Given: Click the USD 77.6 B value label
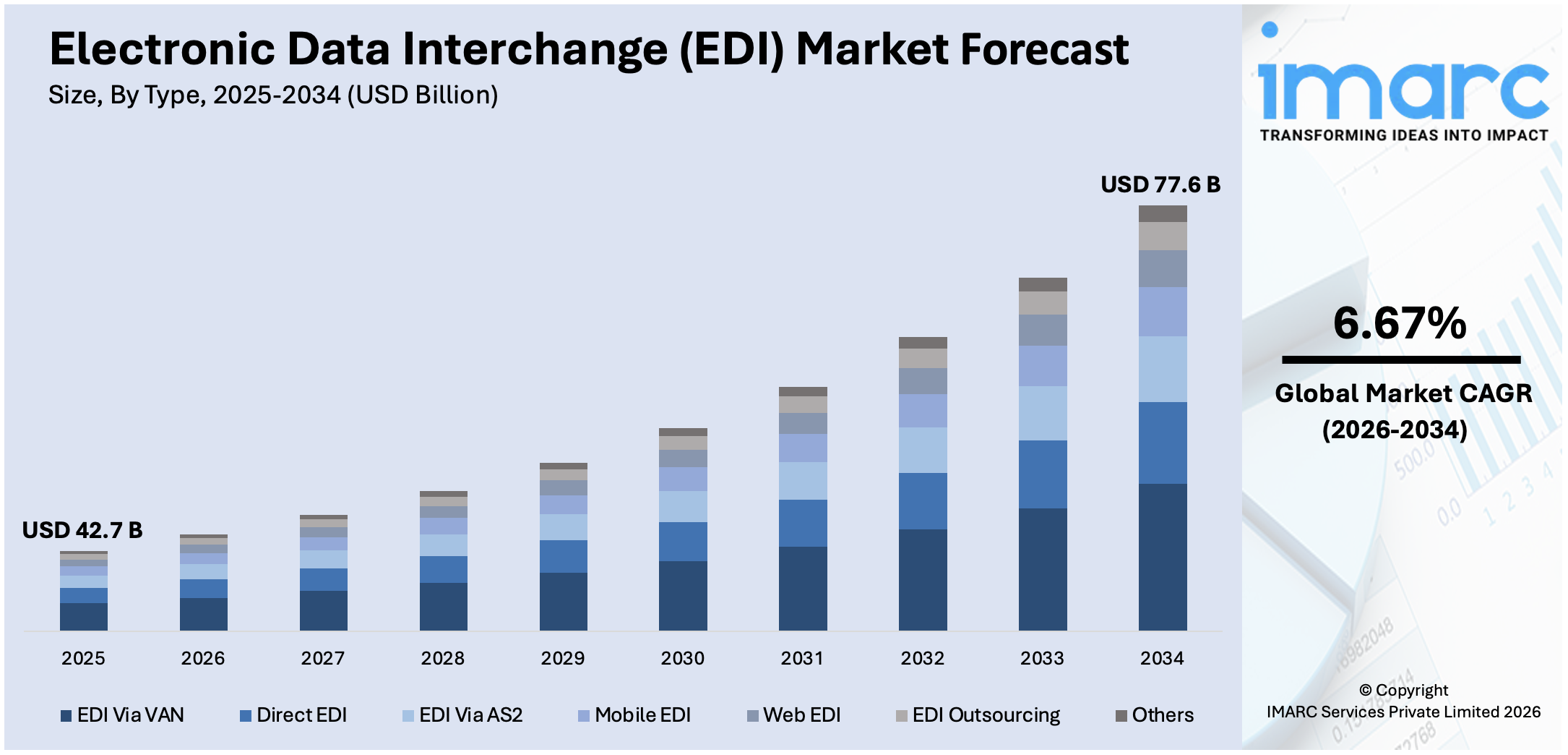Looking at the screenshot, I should point(1160,184).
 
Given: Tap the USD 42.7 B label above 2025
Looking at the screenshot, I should point(82,530).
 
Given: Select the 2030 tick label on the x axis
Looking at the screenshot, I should point(682,658).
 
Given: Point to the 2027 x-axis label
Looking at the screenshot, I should point(322,658).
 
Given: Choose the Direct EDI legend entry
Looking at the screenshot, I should point(294,715).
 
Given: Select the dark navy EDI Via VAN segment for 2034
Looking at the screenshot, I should point(1163,557).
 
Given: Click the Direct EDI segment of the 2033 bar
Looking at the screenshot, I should point(1043,474).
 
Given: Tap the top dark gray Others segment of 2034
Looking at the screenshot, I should point(1163,213).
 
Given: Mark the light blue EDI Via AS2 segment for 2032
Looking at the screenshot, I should point(923,450).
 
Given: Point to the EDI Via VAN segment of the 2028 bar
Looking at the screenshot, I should point(443,606).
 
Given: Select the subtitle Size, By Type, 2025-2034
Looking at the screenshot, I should point(273,95).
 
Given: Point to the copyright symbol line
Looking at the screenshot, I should point(1403,690).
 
